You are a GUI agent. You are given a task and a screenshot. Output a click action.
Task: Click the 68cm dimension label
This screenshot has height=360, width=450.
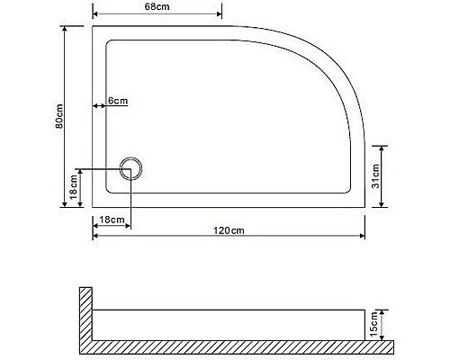157,7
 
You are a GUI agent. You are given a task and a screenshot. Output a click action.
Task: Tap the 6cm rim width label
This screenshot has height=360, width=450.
117,100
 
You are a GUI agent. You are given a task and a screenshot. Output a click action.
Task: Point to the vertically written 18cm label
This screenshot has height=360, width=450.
73,189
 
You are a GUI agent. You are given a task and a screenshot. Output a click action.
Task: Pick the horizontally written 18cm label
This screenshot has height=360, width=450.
111,220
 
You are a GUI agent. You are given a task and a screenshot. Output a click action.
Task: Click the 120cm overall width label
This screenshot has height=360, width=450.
229,230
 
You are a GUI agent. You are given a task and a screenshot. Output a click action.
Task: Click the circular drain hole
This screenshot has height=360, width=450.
130,167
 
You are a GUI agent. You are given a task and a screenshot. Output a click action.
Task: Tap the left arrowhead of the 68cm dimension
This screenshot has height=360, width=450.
96,16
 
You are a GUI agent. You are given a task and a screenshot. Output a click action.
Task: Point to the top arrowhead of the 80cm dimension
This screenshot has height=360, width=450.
67,29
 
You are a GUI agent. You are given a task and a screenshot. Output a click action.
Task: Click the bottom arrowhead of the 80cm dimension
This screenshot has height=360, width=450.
67,204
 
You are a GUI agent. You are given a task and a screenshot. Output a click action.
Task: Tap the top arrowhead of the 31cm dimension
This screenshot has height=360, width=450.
383,148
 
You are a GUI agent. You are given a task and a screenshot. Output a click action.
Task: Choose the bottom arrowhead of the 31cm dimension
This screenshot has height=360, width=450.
383,204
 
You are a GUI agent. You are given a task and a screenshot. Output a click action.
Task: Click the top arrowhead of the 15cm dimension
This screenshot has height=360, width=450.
384,311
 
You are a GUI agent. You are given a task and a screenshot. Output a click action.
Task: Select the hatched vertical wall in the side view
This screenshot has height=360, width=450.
86,315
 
